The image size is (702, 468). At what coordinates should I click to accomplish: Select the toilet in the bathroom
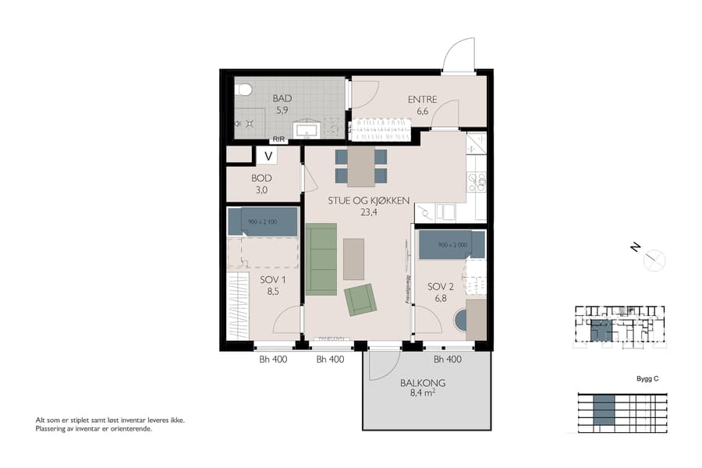244,90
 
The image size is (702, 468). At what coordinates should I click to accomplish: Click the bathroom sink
306,129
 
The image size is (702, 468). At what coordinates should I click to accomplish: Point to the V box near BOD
268,156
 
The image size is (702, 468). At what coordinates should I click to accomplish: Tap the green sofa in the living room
321,259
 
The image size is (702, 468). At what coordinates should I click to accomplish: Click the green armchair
360,300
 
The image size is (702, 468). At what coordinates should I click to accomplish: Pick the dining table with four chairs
361,165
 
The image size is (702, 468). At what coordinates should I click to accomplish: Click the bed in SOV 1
263,222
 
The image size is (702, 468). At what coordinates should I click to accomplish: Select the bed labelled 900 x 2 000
452,244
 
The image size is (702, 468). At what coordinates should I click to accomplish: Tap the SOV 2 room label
441,292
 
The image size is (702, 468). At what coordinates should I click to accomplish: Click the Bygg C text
647,379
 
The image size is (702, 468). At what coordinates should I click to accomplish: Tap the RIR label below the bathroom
278,140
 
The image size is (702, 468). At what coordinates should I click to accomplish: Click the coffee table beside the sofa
353,259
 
